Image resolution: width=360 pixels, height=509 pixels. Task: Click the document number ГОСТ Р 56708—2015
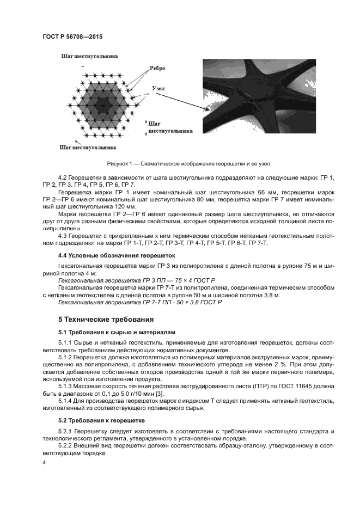72,36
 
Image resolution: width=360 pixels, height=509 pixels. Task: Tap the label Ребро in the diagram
156,69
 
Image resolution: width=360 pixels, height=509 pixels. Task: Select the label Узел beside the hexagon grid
158,87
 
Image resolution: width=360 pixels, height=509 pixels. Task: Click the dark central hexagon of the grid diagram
100,101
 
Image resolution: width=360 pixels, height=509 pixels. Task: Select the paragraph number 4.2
63,179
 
